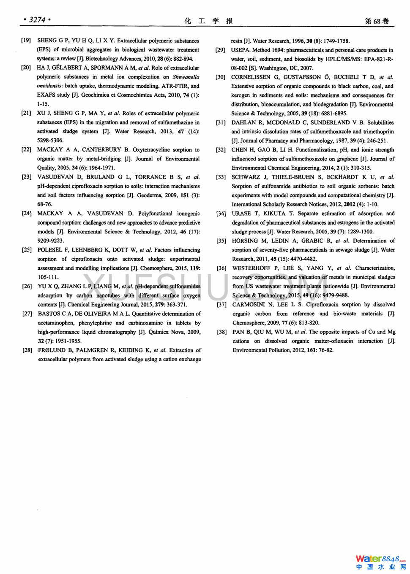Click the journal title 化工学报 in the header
208,21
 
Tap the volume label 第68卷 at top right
377,21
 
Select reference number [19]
26,41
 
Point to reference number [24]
27,214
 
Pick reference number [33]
221,177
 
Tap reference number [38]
221,332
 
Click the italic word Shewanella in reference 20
186,77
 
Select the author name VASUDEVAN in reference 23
55,177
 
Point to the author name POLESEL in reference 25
50,250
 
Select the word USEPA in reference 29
240,50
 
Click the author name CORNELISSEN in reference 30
251,77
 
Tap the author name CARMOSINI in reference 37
249,305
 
